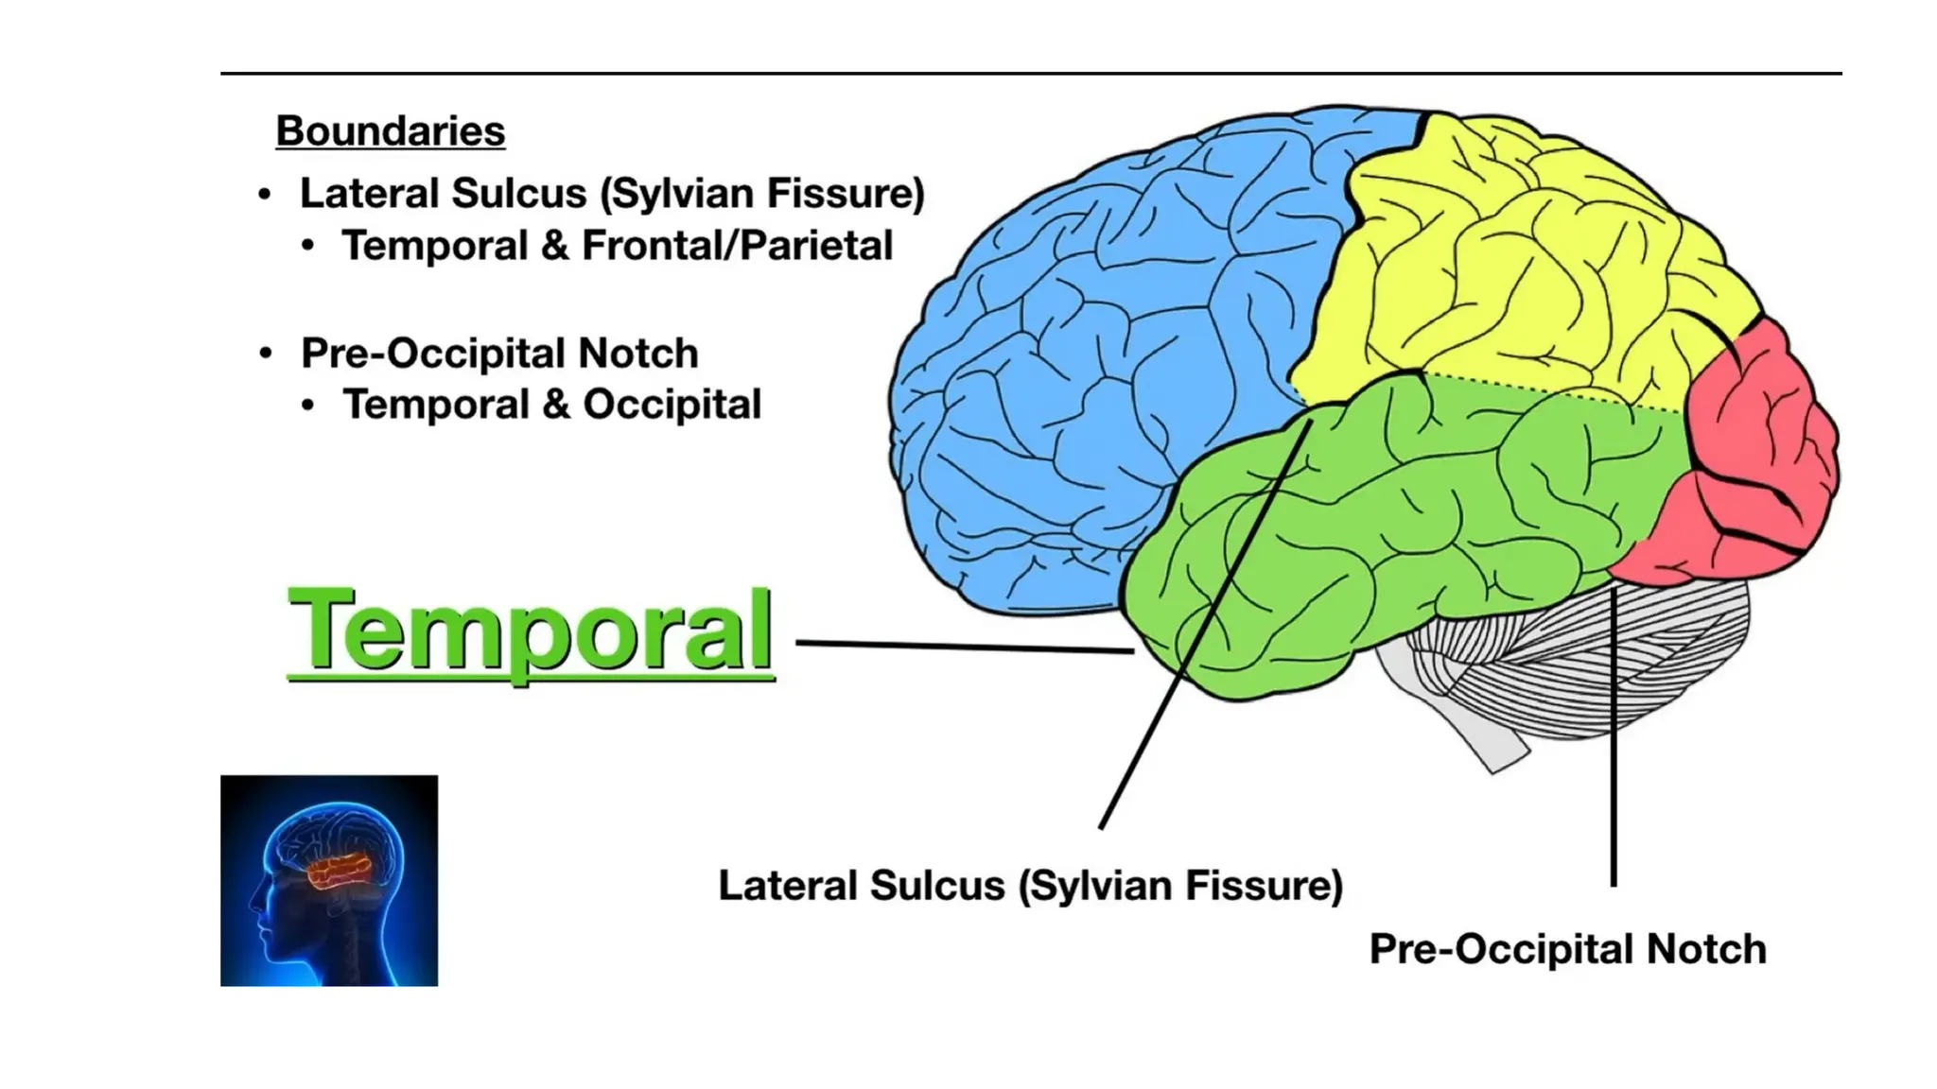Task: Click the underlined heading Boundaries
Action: pyautogui.click(x=390, y=131)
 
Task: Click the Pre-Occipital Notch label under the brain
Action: pyautogui.click(x=1567, y=949)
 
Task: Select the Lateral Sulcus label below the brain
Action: pyautogui.click(x=1030, y=886)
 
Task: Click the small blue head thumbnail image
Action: pyautogui.click(x=329, y=880)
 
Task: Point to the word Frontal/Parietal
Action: pyautogui.click(x=737, y=246)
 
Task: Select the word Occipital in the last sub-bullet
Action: pyautogui.click(x=672, y=405)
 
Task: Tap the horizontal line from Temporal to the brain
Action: pyautogui.click(x=965, y=647)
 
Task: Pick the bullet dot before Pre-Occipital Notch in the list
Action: pyautogui.click(x=266, y=354)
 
